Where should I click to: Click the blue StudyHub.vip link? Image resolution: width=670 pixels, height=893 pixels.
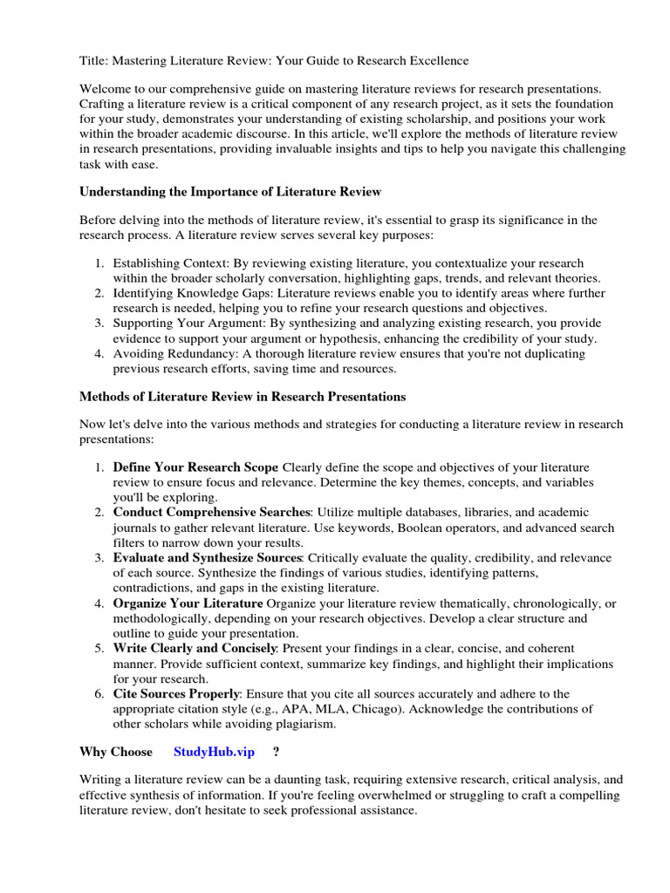click(214, 752)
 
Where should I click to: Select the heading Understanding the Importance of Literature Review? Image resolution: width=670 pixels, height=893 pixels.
click(230, 191)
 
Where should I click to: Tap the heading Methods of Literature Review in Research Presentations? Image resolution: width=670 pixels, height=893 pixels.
click(243, 396)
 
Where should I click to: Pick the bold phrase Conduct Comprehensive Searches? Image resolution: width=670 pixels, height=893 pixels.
click(211, 512)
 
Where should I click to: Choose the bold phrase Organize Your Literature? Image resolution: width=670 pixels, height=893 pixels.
click(188, 603)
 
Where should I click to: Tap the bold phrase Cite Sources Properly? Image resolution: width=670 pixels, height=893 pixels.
click(176, 693)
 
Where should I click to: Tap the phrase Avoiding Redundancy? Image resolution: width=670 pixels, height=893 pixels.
click(177, 354)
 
